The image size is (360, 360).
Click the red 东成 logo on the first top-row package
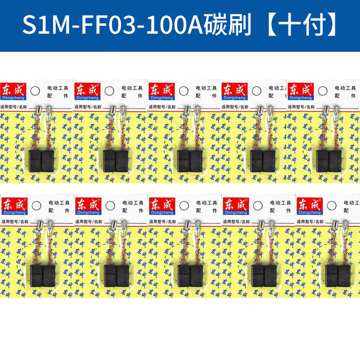(x=14, y=89)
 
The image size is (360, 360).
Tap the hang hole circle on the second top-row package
(x=108, y=90)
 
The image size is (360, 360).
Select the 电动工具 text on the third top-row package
(x=206, y=88)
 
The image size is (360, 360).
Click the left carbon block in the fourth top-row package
(x=257, y=161)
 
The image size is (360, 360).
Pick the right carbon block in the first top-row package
(x=47, y=161)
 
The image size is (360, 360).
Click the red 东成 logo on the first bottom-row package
(x=14, y=203)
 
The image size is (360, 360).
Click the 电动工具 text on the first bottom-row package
(x=57, y=202)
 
